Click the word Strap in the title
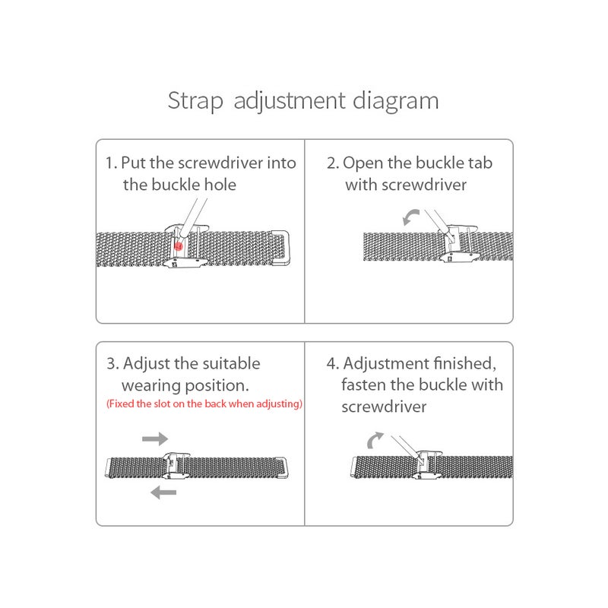(x=195, y=101)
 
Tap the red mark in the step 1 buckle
(x=178, y=245)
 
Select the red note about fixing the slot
(x=204, y=404)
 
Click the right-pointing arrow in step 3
(x=155, y=439)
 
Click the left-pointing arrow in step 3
(x=163, y=493)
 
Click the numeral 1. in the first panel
(x=112, y=163)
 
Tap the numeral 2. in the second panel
(x=333, y=163)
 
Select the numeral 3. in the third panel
(x=112, y=363)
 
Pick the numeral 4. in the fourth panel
(x=333, y=363)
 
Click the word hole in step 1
(x=220, y=184)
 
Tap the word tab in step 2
(x=479, y=163)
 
